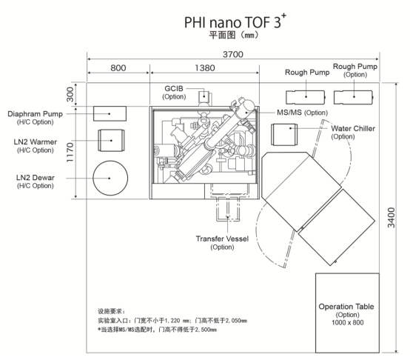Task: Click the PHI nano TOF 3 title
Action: click(x=235, y=21)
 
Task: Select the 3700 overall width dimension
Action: click(x=233, y=54)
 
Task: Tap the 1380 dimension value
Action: click(x=205, y=68)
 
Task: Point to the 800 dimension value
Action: click(x=118, y=68)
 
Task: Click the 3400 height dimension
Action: click(x=391, y=218)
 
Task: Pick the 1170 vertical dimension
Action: click(x=70, y=153)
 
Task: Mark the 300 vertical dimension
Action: click(x=70, y=95)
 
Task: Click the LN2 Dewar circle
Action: click(x=110, y=178)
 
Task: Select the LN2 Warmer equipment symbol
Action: click(x=111, y=140)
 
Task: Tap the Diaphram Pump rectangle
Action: click(x=110, y=113)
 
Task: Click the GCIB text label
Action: click(x=174, y=89)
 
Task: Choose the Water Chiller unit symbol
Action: click(x=284, y=135)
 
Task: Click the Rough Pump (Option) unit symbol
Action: click(x=354, y=97)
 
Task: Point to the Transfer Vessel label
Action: click(x=222, y=239)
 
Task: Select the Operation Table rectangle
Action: click(x=347, y=313)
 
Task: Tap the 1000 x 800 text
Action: click(x=348, y=322)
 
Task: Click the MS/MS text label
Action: click(x=289, y=113)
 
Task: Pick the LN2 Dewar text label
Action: click(x=36, y=178)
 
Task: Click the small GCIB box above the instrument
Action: click(x=204, y=97)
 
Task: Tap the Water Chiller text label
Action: click(x=353, y=128)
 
